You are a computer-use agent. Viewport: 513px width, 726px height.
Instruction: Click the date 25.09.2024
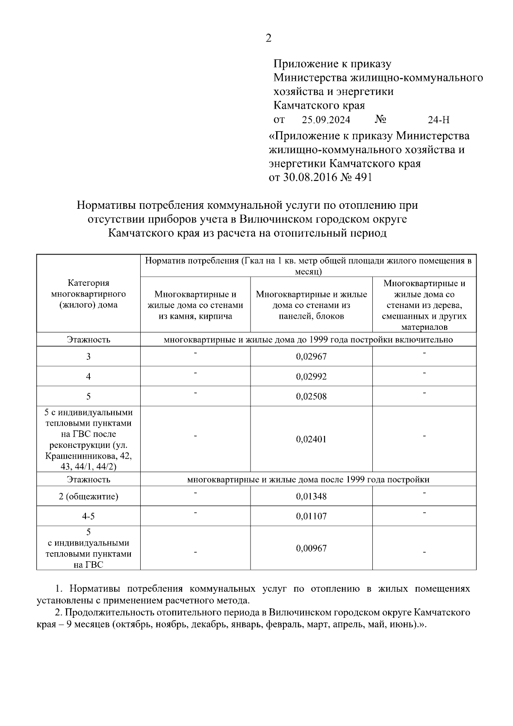point(326,120)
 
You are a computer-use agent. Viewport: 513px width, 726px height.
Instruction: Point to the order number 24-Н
point(438,120)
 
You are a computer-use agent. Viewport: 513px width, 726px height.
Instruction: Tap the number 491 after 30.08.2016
point(363,177)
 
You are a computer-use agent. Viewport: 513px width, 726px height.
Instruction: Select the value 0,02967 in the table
point(311,356)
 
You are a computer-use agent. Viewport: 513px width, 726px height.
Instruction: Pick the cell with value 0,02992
point(311,376)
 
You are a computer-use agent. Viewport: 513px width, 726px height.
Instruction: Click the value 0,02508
point(311,396)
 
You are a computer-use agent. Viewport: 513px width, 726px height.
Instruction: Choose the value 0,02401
point(311,439)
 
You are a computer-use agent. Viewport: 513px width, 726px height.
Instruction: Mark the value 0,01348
point(311,496)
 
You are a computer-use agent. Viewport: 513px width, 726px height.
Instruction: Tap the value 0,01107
point(311,516)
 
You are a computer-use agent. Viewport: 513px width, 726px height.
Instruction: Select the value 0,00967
point(311,548)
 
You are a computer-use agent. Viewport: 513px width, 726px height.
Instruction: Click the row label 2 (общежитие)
point(88,496)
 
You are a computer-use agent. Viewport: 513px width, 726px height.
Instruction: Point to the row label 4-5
point(88,516)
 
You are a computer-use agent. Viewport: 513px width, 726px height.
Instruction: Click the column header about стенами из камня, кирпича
point(195,305)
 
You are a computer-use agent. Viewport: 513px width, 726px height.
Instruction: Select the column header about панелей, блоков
point(311,305)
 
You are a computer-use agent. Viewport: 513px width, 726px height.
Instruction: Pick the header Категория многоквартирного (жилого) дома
point(88,293)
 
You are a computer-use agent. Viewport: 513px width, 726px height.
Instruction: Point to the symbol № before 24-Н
point(380,119)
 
